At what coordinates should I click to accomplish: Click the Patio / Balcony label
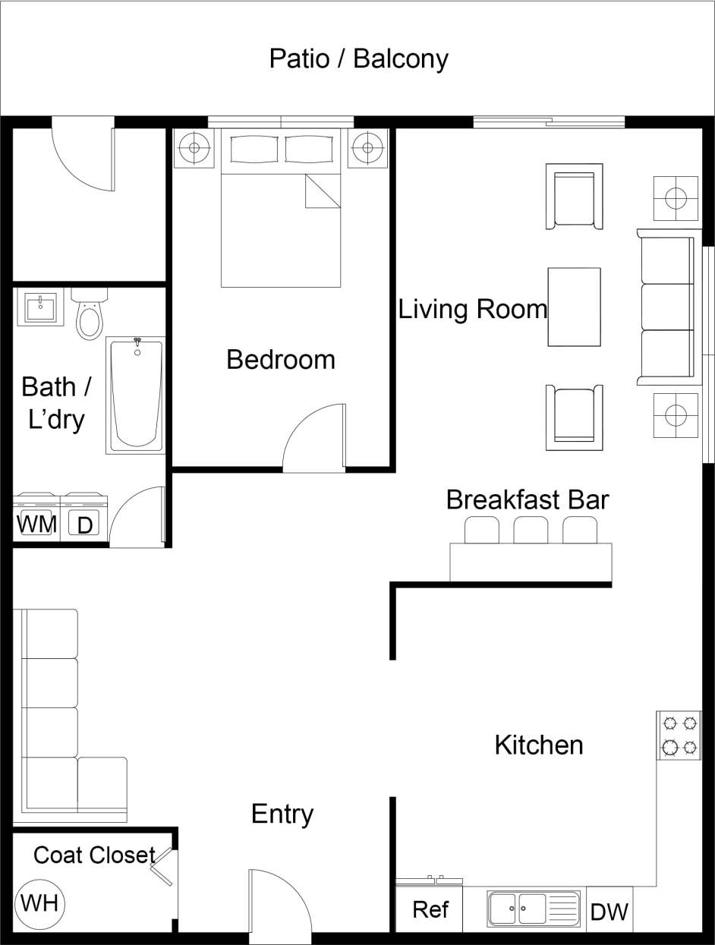click(358, 58)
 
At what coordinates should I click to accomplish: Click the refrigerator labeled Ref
click(430, 909)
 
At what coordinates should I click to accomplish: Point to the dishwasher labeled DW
click(609, 911)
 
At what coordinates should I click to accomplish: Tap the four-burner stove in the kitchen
click(679, 735)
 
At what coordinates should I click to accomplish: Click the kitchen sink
click(534, 909)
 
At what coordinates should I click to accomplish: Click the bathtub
click(137, 396)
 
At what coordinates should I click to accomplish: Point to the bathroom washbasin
click(39, 308)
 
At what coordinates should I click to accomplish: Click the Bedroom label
click(281, 359)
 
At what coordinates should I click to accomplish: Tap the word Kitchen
click(539, 745)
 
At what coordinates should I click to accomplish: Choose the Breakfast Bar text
click(528, 499)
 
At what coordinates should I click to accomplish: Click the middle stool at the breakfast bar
click(531, 530)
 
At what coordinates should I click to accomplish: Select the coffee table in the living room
click(574, 307)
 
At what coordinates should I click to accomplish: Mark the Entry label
click(282, 814)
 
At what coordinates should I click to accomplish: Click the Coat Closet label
click(94, 855)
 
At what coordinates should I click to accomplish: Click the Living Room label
click(472, 309)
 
